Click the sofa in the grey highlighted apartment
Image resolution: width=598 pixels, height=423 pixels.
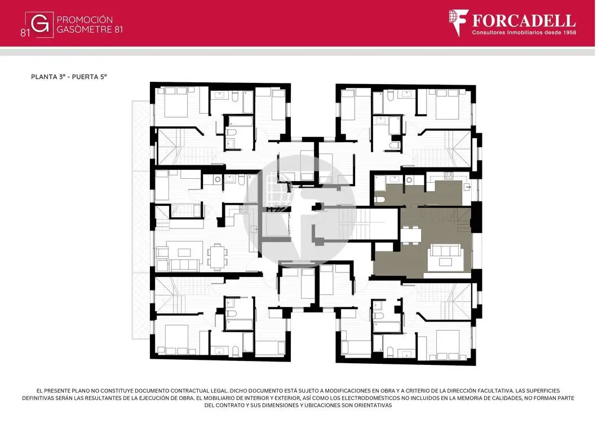445,250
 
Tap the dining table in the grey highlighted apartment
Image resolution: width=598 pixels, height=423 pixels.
411,235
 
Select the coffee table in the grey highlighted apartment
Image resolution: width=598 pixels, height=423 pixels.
445,262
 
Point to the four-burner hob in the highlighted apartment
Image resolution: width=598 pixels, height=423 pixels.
448,175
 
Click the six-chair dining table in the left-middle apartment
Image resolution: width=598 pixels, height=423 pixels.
216,255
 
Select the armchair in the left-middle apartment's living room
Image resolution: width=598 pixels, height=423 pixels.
162,252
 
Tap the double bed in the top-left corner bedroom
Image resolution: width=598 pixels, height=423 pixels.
176,102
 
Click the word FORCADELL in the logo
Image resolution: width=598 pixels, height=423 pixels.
524,21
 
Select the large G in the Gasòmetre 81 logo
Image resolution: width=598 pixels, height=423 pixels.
40,24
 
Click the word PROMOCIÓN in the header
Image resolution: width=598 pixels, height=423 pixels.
85,20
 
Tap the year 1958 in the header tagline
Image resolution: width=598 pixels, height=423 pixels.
569,33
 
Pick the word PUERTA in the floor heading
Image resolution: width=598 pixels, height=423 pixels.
85,77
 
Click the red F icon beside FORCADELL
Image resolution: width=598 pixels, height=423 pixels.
458,23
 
